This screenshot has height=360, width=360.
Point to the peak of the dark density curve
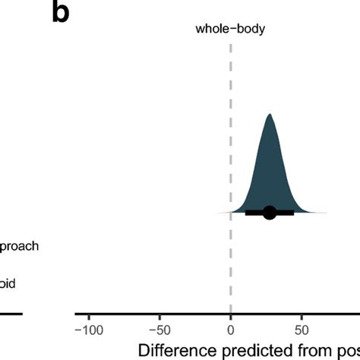tap(270, 115)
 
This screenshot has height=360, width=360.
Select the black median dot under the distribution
tap(270, 213)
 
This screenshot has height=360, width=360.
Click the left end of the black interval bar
tap(246, 213)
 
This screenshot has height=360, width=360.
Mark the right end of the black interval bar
tap(293, 213)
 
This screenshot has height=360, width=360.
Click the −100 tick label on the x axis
tap(88, 330)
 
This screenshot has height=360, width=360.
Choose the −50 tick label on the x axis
tap(159, 330)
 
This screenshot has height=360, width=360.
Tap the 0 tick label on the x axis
tap(230, 330)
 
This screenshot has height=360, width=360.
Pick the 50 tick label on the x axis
tap(302, 330)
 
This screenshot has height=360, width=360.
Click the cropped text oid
tap(8, 283)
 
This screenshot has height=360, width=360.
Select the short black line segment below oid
tap(11, 313)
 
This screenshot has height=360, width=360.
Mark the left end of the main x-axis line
tap(76, 313)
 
